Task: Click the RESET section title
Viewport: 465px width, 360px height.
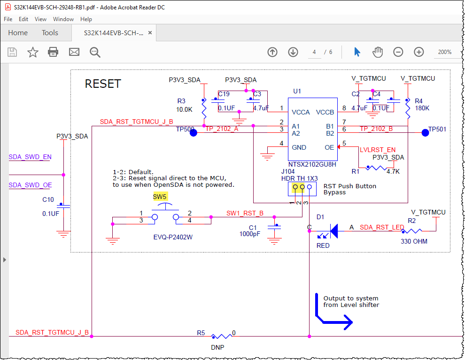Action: (103, 84)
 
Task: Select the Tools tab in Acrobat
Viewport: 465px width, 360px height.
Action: (50, 33)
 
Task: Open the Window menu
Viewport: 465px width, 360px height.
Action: (63, 19)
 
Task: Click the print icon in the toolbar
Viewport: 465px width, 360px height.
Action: (53, 52)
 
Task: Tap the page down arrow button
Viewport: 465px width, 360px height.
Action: (293, 52)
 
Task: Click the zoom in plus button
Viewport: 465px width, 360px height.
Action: (418, 52)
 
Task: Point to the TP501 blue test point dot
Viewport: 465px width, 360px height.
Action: (425, 133)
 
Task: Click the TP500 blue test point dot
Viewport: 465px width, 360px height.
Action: (193, 133)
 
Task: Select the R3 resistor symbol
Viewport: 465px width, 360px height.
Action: (203, 109)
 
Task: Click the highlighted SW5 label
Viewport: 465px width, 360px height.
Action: (160, 197)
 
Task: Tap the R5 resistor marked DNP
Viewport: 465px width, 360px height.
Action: (221, 336)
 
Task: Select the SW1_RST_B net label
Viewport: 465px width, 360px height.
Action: (245, 213)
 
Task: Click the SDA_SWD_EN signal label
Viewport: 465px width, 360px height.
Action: (30, 157)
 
